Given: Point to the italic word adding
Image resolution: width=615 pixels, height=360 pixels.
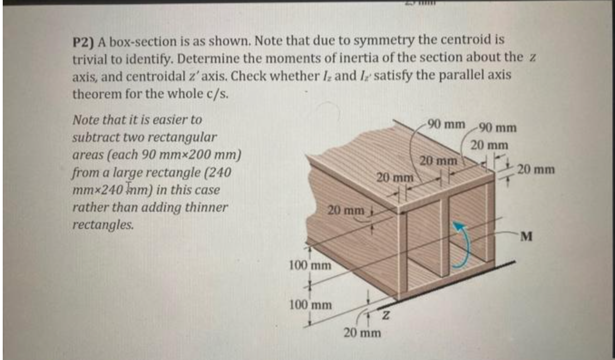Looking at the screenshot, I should point(161,208).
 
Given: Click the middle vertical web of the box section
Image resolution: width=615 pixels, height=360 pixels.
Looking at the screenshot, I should point(444,238).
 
